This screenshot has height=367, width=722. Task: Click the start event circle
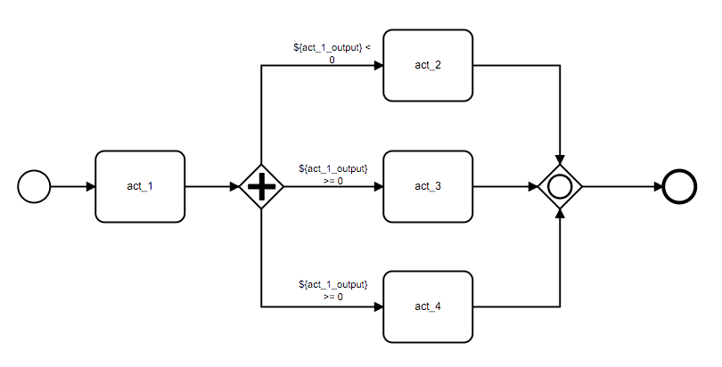click(34, 187)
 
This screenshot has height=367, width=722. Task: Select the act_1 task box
click(140, 186)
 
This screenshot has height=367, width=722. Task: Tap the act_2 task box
click(427, 66)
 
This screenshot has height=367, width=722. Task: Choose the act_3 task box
click(427, 186)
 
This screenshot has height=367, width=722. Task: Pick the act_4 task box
click(427, 306)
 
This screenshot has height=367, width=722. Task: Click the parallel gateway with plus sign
click(261, 187)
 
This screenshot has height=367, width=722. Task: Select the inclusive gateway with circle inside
click(560, 187)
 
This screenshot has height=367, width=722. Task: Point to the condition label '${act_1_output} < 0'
click(332, 53)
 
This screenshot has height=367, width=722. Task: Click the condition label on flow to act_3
click(332, 174)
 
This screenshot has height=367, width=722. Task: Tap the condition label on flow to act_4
click(332, 290)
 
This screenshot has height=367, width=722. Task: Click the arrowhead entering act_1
click(90, 187)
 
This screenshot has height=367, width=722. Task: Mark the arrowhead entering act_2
click(378, 66)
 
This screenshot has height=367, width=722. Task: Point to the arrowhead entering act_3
click(378, 187)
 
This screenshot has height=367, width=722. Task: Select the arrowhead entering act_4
click(378, 306)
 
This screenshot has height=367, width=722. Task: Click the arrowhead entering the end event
click(658, 187)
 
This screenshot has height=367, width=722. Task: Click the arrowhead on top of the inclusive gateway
click(560, 159)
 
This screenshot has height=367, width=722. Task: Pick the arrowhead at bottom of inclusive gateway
click(560, 214)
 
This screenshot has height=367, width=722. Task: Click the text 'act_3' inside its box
click(427, 186)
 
